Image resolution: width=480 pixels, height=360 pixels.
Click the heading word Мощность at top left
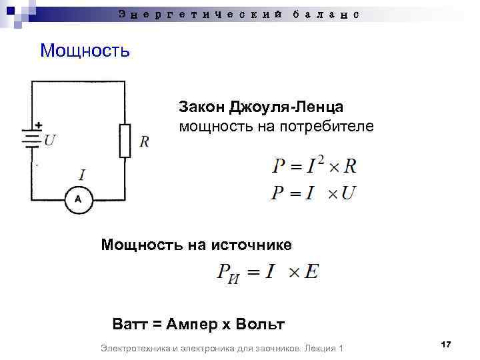click(85, 50)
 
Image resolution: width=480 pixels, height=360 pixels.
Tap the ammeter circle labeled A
click(78, 199)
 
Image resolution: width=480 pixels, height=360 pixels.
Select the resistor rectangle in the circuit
click(125, 140)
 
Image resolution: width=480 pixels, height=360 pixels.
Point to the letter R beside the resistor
click(144, 142)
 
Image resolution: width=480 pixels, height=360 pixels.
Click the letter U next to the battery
click(50, 141)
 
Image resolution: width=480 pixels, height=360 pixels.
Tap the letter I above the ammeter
click(81, 175)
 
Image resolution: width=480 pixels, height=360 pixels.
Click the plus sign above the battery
click(39, 125)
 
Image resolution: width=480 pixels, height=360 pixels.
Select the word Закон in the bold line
click(202, 107)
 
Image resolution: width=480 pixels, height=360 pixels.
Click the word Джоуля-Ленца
click(287, 107)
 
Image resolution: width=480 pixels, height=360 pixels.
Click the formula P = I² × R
click(313, 165)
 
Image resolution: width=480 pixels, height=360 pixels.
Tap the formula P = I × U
click(313, 193)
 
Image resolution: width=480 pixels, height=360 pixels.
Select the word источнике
click(251, 245)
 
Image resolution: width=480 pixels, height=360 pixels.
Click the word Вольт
click(261, 325)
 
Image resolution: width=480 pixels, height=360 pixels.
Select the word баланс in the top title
click(326, 13)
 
